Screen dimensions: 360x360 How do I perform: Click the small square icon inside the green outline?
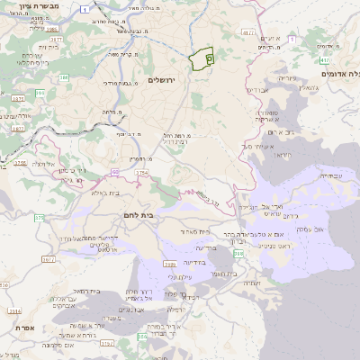coord(210,58)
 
